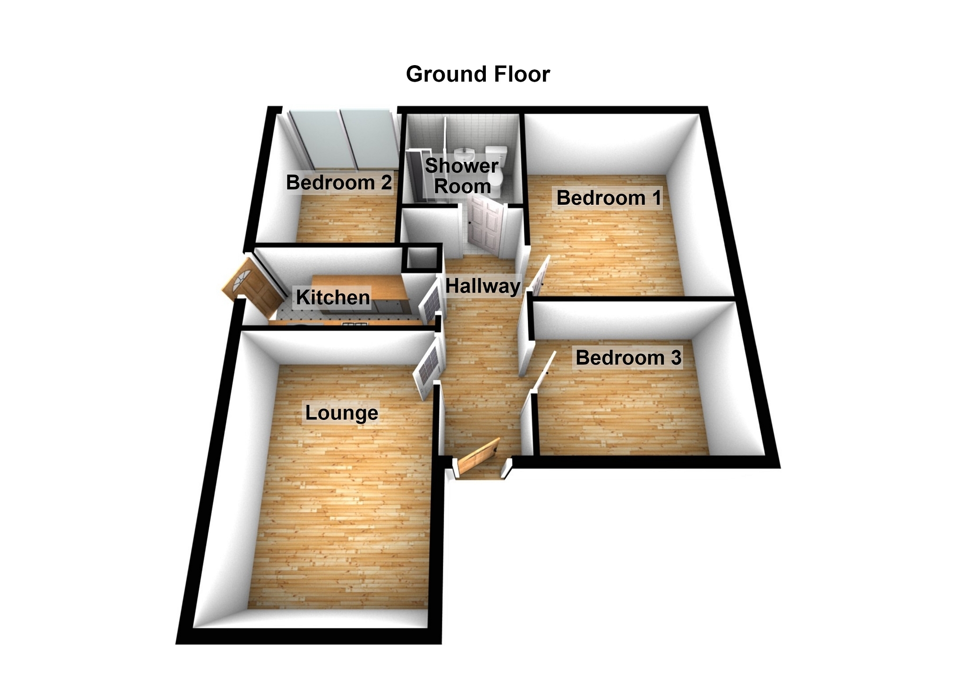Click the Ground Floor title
(x=478, y=74)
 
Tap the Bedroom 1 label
(x=609, y=198)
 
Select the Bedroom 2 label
(x=339, y=182)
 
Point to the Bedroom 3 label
(x=628, y=358)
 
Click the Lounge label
(x=341, y=413)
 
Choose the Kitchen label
(x=333, y=297)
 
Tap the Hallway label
(x=483, y=286)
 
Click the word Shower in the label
(x=462, y=166)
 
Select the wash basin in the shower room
(x=465, y=154)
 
